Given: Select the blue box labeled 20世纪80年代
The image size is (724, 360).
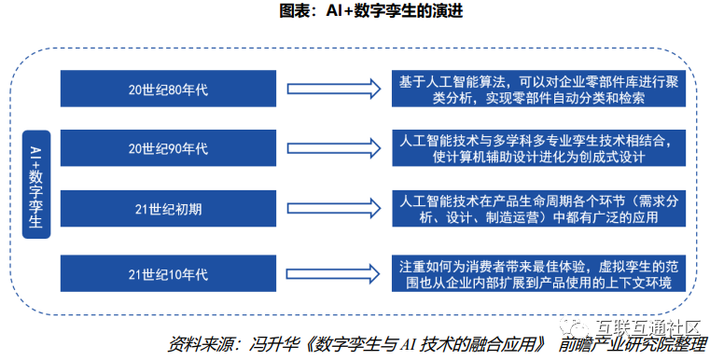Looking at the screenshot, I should coord(169,89).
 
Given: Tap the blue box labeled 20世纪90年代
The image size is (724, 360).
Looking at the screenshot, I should coord(169,148).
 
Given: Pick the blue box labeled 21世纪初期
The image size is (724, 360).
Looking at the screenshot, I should coord(169,207).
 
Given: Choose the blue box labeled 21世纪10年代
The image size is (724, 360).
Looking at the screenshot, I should coord(169,272).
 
